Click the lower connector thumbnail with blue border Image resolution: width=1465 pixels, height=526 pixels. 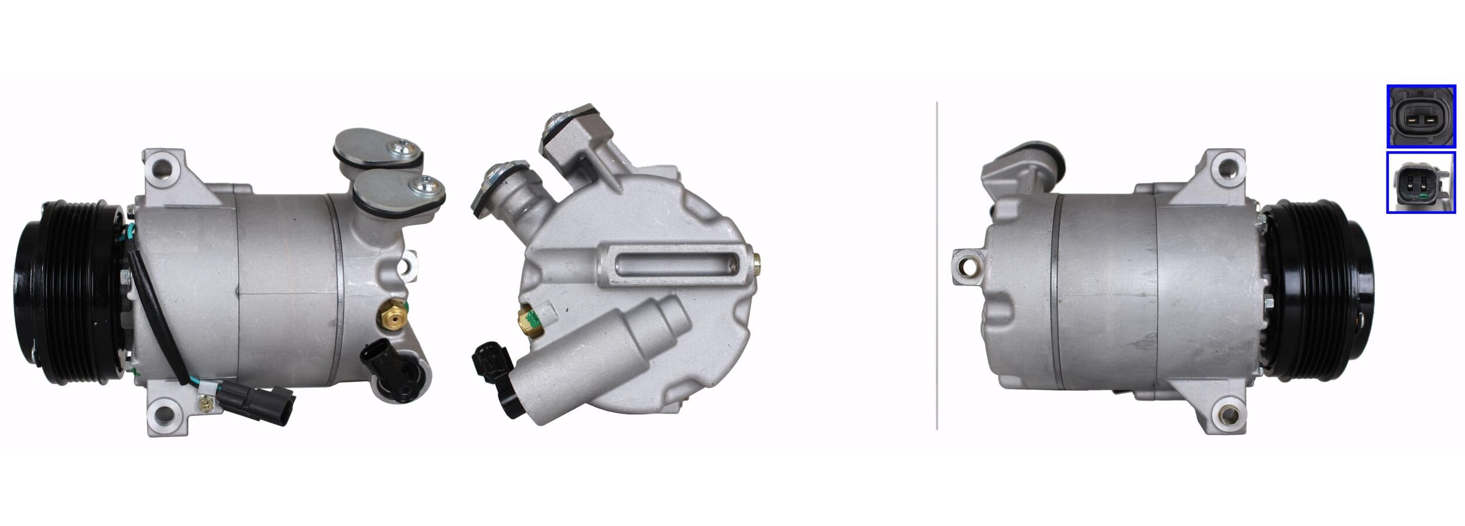click(x=1420, y=182)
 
